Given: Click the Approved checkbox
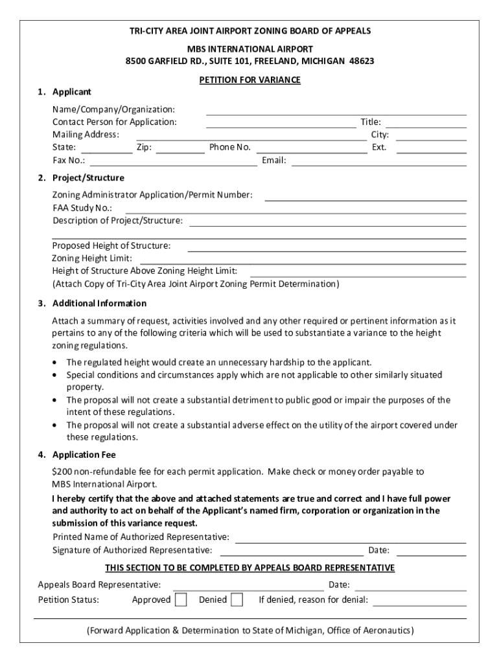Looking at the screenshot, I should pos(181,600).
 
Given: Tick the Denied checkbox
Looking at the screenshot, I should pos(237,600).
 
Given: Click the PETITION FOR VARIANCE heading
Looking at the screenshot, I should pos(250,80).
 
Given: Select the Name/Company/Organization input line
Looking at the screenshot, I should pos(336,113).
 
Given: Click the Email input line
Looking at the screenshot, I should pos(378,164).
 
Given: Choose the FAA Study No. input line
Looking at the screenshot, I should pos(295,212).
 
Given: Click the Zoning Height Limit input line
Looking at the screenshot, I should pos(303,262).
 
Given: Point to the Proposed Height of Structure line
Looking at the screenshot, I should pos(327,249).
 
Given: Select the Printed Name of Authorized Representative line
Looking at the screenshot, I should pos(350,541).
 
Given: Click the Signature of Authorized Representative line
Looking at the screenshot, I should pos(292,554).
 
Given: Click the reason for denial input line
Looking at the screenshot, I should pos(419,604).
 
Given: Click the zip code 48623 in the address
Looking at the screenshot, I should pos(362,61).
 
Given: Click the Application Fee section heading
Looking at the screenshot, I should pos(84,455).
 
